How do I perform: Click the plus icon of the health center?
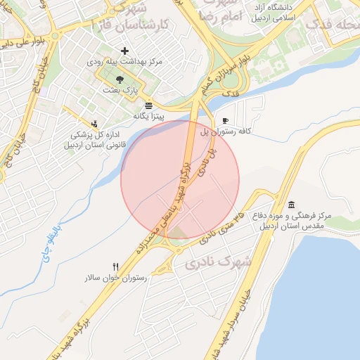(125, 51)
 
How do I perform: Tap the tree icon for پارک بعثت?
(129, 79)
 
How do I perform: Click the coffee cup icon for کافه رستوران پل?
(225, 120)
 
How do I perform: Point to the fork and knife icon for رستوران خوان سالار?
(116, 266)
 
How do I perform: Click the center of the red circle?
(180, 179)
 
